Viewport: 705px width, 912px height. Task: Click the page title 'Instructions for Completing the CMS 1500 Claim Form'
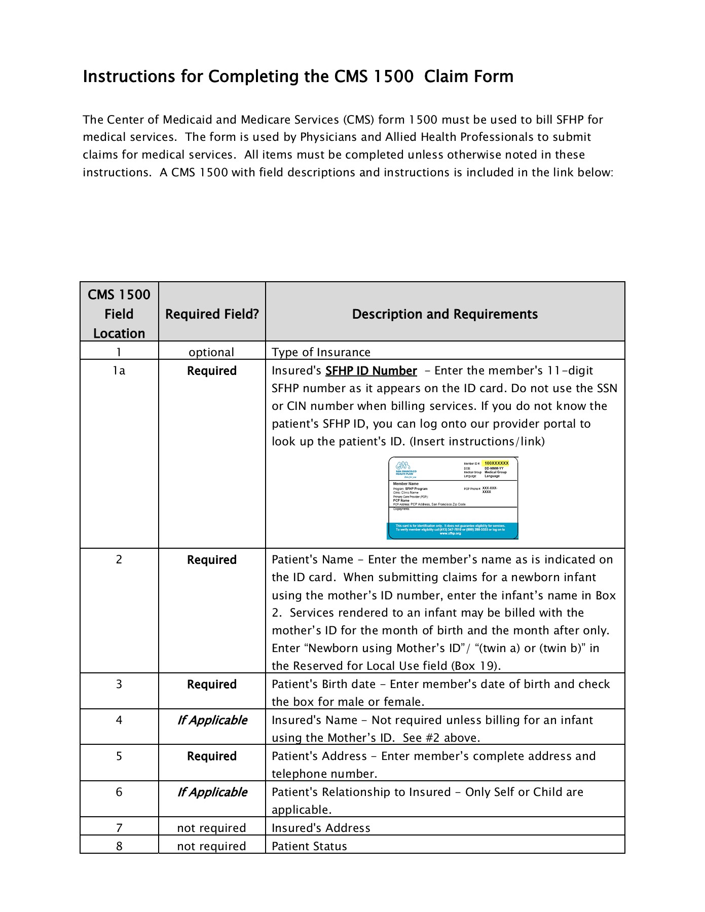coord(298,77)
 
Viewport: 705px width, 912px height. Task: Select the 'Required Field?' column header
coord(212,314)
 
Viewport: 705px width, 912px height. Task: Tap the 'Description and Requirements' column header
coord(444,314)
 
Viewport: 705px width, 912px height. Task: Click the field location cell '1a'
coord(119,371)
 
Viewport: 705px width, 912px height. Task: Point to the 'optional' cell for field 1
coord(211,352)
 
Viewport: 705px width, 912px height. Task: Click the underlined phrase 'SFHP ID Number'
coord(371,371)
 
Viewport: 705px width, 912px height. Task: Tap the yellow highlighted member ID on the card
coord(496,463)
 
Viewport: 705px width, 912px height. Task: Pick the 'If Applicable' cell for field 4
coord(212,720)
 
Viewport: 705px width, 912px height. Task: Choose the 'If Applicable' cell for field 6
coord(212,792)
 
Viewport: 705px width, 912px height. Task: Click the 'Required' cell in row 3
coord(212,685)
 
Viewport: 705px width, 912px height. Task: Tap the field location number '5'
coord(119,756)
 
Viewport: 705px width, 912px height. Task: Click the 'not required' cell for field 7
coord(211,828)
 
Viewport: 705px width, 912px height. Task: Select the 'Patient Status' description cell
coord(309,846)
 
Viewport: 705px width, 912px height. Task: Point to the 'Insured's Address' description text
coord(321,828)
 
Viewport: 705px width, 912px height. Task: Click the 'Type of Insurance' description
coord(321,352)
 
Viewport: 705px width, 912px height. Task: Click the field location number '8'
coord(119,846)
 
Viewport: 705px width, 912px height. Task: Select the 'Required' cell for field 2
coord(212,560)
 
